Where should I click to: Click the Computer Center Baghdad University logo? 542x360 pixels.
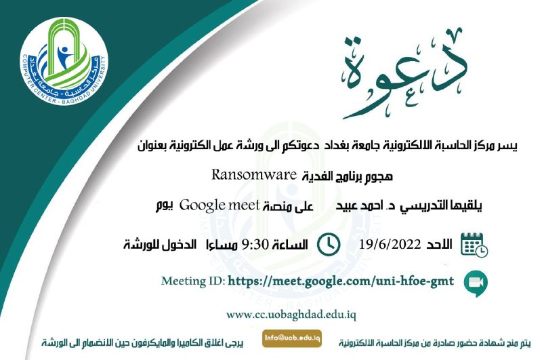64,62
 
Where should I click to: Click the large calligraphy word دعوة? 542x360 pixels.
404,74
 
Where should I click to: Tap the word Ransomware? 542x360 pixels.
254,175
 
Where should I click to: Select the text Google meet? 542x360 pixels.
220,205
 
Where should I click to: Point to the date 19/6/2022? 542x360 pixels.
390,245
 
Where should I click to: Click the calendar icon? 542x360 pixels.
474,245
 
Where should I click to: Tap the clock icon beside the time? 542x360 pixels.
329,245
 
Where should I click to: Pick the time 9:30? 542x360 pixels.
255,245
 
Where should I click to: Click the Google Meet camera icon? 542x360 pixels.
476,283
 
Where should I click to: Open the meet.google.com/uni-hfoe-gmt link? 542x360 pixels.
341,281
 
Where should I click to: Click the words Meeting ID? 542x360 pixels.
193,281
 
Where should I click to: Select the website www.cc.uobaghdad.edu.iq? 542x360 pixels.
291,315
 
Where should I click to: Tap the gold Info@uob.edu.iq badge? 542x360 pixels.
292,338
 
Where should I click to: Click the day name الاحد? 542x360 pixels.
439,245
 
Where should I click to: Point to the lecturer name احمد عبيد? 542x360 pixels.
360,206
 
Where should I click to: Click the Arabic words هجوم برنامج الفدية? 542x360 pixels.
348,177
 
